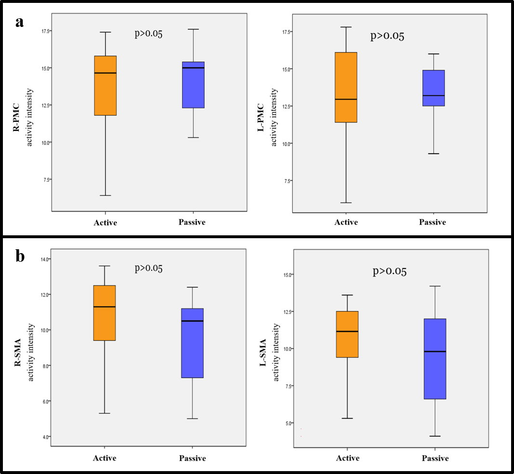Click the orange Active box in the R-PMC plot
tap(105, 86)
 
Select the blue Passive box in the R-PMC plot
tap(193, 85)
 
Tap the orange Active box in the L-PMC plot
tap(346, 87)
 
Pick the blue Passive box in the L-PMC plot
tap(433, 88)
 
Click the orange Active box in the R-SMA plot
tap(104, 313)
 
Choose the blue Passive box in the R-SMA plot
tap(192, 343)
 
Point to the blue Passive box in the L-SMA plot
tap(435, 359)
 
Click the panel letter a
tap(20, 22)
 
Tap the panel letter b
tap(20, 256)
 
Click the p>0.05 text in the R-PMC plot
tap(149, 34)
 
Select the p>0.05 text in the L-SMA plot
tap(390, 271)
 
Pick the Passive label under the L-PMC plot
tap(433, 222)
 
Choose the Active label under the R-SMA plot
tap(105, 458)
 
